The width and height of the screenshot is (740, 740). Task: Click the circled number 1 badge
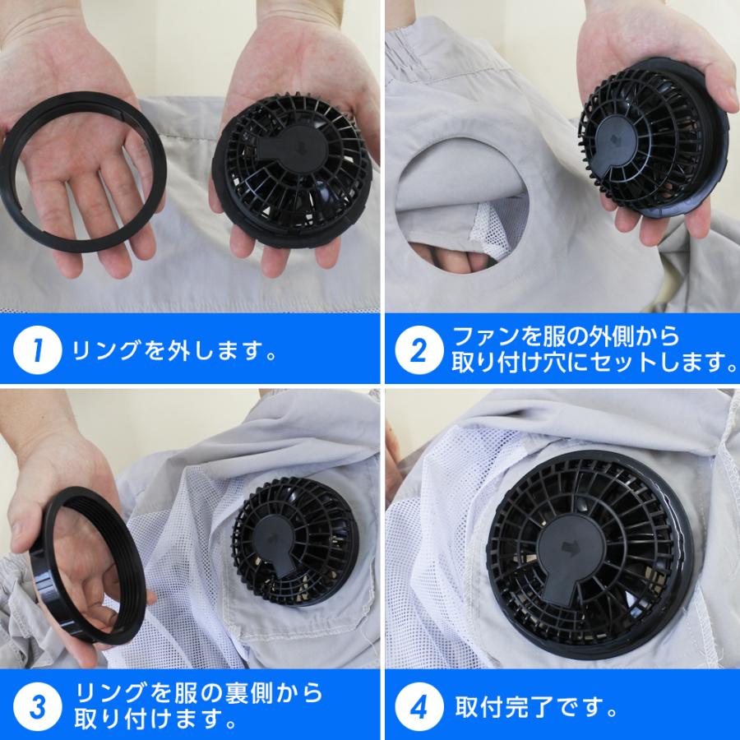[37, 351]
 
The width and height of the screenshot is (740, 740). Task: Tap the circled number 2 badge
[419, 351]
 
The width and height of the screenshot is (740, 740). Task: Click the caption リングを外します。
[173, 351]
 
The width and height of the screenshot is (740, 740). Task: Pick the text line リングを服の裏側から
[197, 692]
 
